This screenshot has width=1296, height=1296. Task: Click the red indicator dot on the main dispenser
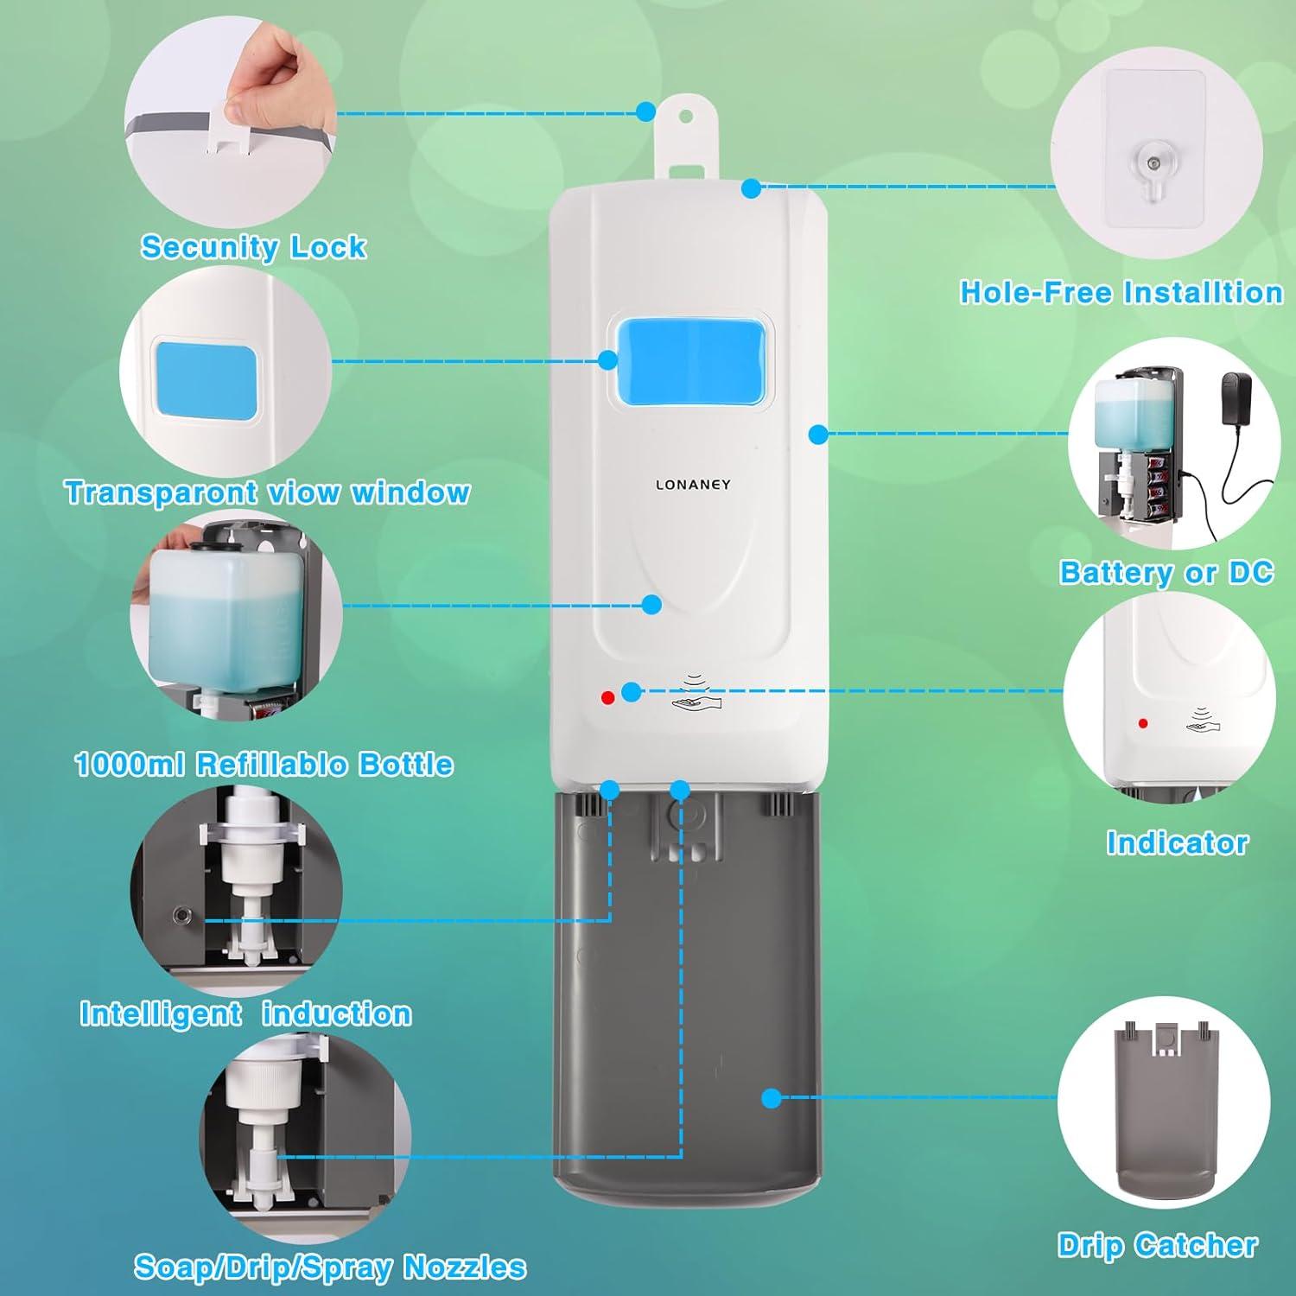coord(607,696)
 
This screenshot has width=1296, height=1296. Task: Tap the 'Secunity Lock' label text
coord(253,247)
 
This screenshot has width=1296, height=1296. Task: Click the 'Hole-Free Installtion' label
coord(1121,292)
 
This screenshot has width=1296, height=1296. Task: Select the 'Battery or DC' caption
coord(1166,572)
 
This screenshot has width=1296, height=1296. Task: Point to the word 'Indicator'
coord(1177,842)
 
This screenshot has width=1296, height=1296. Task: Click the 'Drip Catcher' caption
coord(1157,1245)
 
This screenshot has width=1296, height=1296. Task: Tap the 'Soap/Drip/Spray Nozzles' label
coord(329,1267)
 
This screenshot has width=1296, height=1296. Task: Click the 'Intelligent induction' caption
coord(245,1013)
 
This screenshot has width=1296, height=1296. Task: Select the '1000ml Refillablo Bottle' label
coord(264,764)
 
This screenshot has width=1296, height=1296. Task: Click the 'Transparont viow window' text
coord(267,492)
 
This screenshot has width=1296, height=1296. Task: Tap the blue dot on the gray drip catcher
coord(772,1098)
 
